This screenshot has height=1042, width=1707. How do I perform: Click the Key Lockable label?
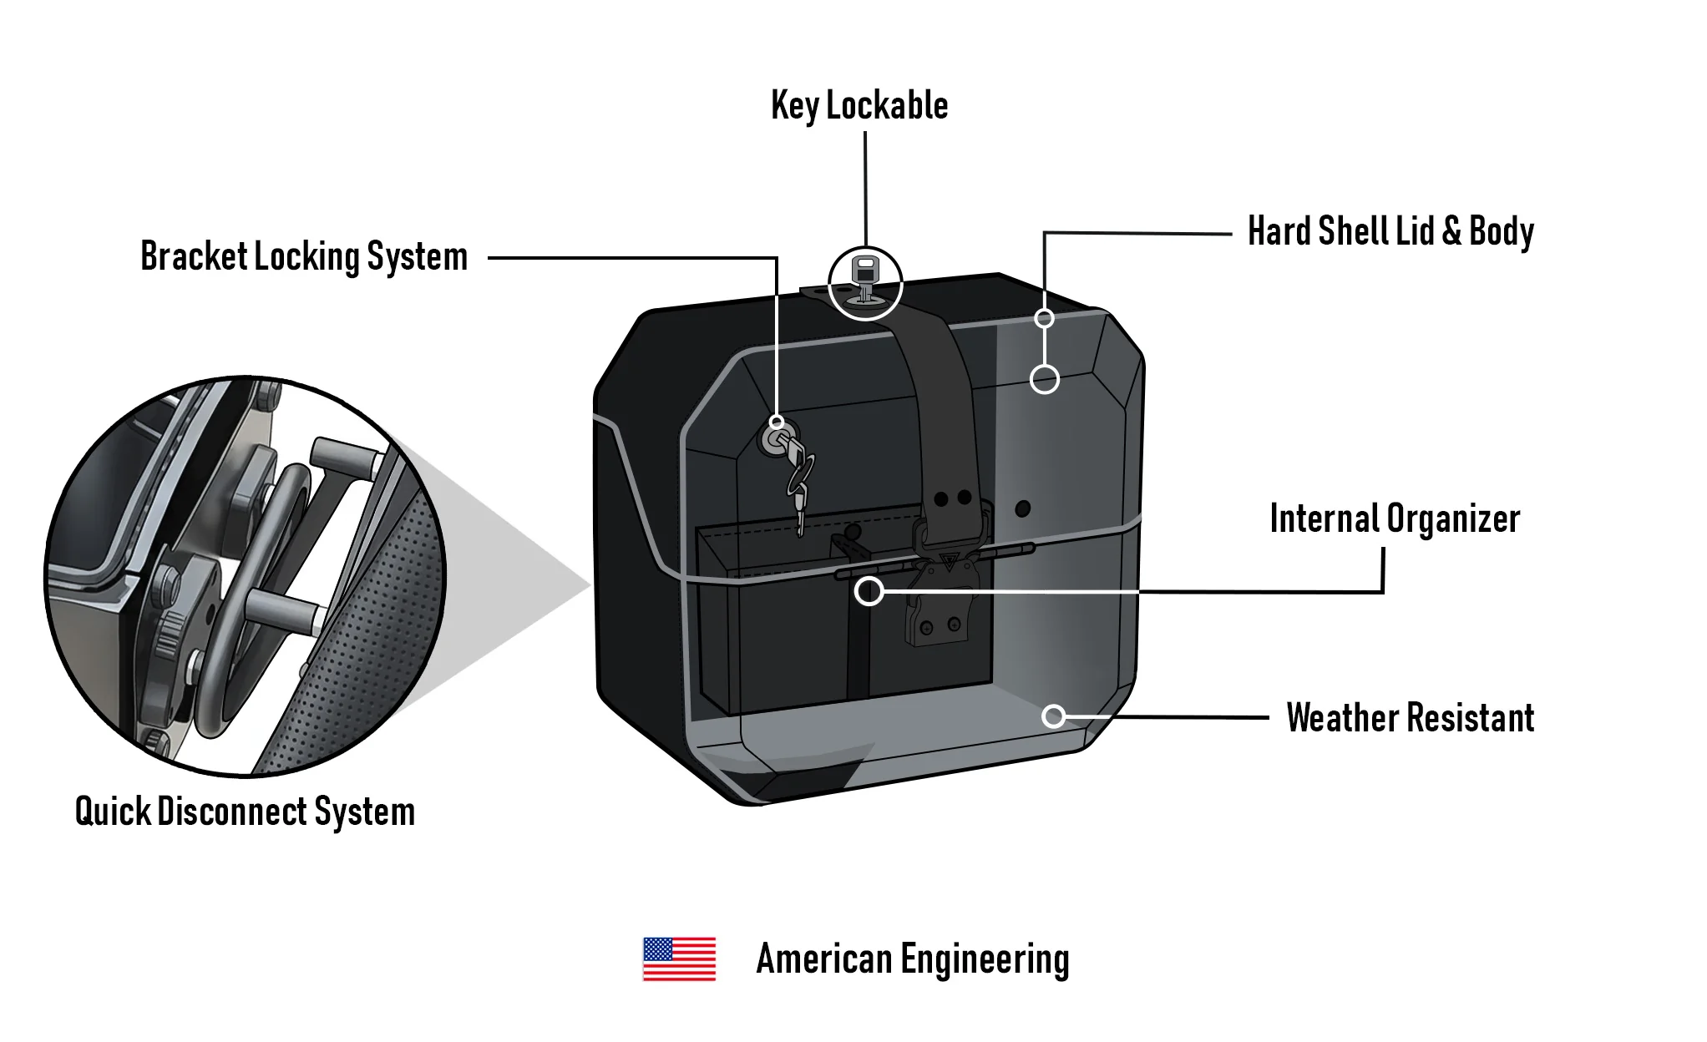click(859, 106)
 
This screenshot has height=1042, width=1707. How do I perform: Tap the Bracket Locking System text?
click(304, 256)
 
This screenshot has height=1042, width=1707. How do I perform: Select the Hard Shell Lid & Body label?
click(1390, 231)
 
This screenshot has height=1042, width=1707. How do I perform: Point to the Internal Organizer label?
click(1395, 518)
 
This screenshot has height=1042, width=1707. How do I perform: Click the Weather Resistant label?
click(1411, 717)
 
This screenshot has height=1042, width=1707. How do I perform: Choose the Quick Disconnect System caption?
click(245, 812)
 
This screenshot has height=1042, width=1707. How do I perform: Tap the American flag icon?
click(679, 959)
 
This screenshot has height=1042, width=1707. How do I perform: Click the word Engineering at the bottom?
click(985, 959)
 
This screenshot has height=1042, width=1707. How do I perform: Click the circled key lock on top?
click(865, 283)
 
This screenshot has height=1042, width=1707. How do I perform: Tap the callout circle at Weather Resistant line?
click(1054, 716)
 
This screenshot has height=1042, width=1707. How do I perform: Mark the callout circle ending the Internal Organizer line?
click(869, 591)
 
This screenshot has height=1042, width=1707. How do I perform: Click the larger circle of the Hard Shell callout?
click(1045, 379)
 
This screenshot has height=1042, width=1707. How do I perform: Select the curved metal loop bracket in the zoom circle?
click(251, 584)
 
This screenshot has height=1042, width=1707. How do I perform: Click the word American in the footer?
click(824, 959)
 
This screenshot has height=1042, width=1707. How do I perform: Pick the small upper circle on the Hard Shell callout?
click(1044, 318)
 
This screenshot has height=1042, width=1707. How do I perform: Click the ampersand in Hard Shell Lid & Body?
click(1452, 231)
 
